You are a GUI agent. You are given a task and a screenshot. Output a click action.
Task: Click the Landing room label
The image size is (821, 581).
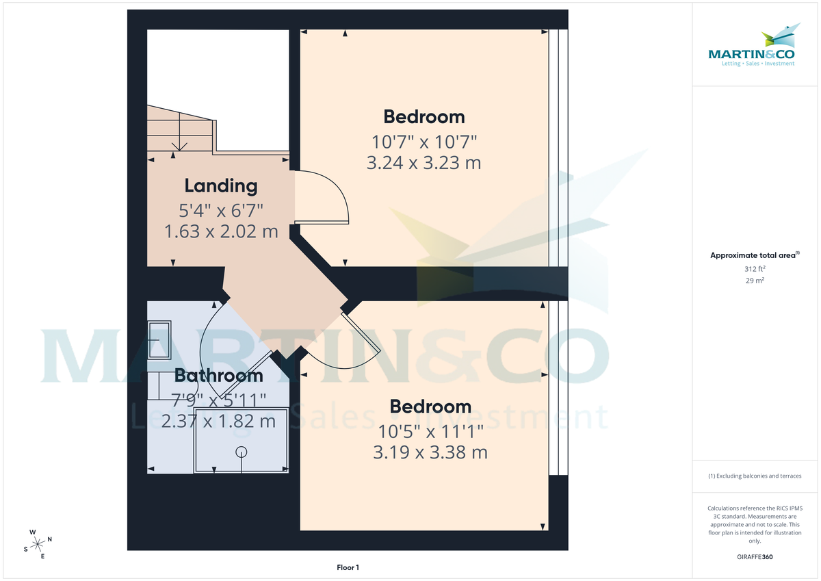[221, 185]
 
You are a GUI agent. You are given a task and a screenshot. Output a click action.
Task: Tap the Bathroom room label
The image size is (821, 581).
[218, 375]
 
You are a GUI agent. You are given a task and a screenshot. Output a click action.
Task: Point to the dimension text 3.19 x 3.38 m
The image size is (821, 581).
[430, 452]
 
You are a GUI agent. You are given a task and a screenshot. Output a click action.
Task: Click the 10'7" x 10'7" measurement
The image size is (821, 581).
[423, 142]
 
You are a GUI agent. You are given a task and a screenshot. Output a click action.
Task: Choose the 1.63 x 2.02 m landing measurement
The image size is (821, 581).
[221, 231]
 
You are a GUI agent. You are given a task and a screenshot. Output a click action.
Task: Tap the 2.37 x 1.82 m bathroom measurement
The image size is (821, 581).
[218, 420]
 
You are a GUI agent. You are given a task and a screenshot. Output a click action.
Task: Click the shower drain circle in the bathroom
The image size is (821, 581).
[241, 451]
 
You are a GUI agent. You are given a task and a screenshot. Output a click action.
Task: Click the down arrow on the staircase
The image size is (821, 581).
[179, 144]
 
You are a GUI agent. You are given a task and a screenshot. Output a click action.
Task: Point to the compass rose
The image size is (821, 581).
[38, 543]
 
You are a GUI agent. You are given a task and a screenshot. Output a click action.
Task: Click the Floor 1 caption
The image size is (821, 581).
[348, 567]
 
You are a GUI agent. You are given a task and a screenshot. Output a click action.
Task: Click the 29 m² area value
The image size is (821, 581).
[755, 281]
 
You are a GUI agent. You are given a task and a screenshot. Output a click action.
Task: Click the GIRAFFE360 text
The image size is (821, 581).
[755, 557]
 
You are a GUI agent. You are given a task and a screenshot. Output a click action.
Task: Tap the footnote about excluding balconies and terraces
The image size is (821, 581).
[755, 476]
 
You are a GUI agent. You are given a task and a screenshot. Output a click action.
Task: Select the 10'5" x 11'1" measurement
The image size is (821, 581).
[430, 431]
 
